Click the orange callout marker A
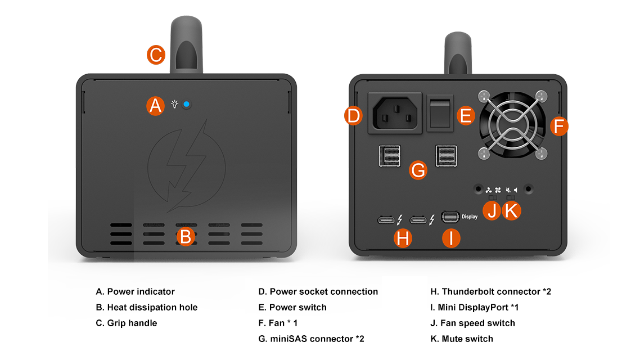[156, 106]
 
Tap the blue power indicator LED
[187, 105]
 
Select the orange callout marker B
[186, 236]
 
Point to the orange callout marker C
[156, 55]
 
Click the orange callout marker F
[558, 127]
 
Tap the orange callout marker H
[402, 238]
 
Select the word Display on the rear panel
[469, 217]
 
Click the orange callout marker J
[492, 211]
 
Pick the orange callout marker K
[512, 211]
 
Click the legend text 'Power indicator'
[141, 291]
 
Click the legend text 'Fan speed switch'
[478, 323]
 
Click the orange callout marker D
[353, 116]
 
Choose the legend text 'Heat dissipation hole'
[152, 307]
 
